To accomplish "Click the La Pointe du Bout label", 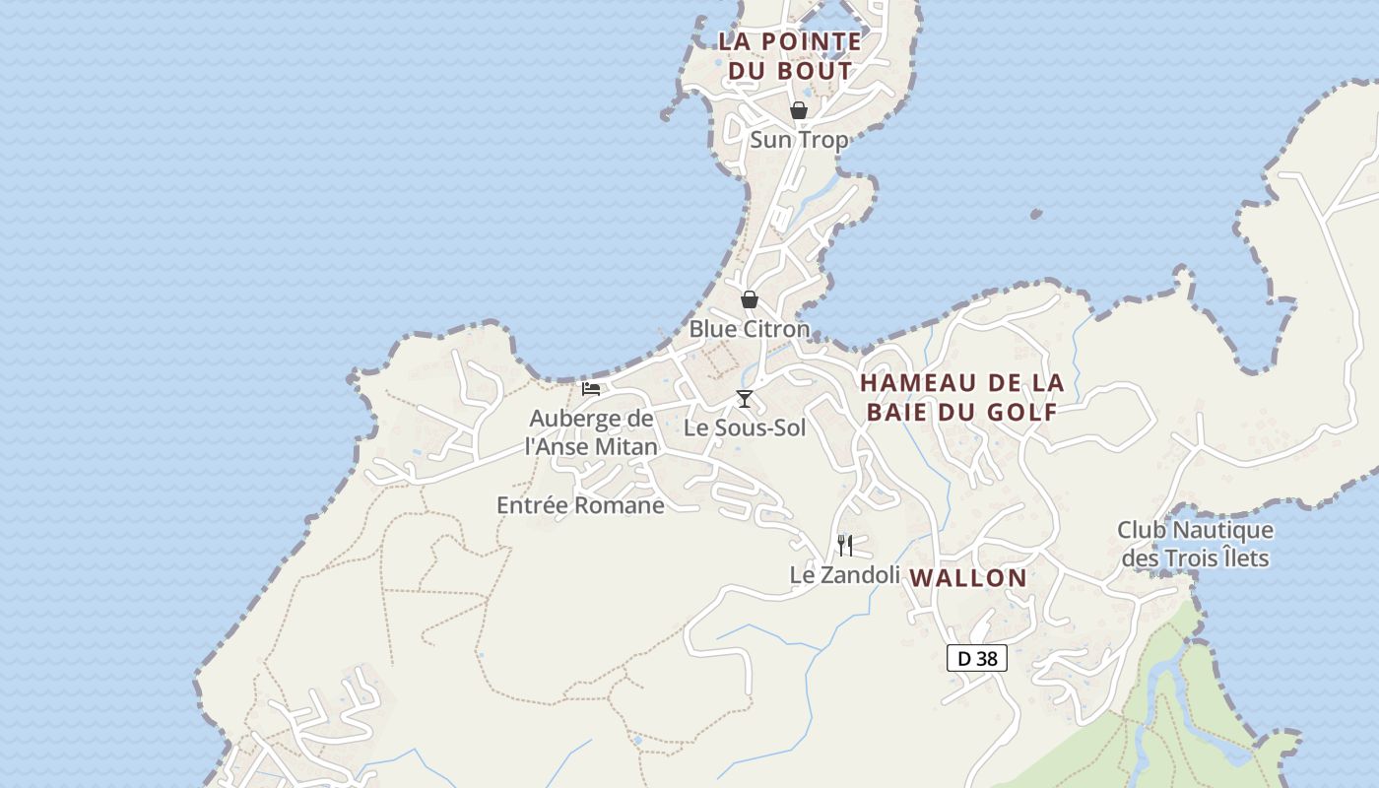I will (790, 56).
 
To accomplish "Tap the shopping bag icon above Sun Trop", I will (799, 110).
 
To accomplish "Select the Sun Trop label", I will (799, 140).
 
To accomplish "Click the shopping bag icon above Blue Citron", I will (750, 299).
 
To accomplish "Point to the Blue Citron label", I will (750, 328).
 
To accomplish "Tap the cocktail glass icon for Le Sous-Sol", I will (745, 398).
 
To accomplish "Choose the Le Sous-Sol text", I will (745, 427).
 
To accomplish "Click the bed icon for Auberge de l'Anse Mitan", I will (591, 389).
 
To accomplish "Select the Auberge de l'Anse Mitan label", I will (591, 432).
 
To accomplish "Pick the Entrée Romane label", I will (580, 505).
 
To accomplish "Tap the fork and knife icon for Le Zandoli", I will (845, 545).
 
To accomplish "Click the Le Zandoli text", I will (845, 574).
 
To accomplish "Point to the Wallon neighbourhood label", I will (968, 578).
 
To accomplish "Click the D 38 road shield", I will (977, 658).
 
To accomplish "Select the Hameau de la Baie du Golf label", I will (962, 397).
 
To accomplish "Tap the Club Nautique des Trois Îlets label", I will (1195, 544).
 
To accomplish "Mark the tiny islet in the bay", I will (1036, 213).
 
